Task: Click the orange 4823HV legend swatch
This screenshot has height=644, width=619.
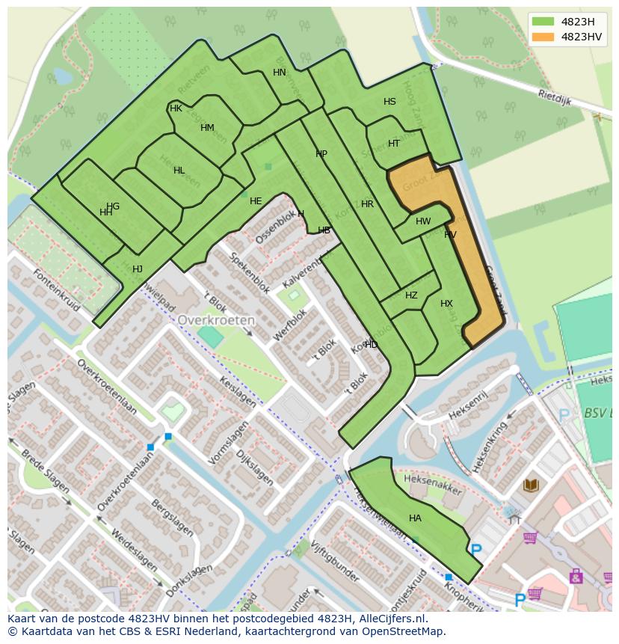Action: (543, 37)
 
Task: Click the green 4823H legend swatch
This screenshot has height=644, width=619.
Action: (543, 22)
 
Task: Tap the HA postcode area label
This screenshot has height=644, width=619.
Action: (415, 518)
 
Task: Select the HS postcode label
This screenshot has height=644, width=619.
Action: (389, 102)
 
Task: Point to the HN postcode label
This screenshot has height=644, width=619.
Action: (280, 73)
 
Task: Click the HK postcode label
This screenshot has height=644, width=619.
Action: (176, 108)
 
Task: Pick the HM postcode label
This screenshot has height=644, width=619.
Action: (207, 128)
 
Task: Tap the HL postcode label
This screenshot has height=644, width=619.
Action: (179, 171)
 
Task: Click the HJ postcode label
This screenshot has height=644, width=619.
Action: (138, 269)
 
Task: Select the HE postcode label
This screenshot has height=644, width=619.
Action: (256, 201)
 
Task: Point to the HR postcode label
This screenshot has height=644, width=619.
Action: (367, 204)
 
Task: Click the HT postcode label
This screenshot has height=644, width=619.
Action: (394, 144)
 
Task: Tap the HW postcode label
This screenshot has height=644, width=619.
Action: (423, 221)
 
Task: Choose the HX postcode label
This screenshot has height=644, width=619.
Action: (446, 304)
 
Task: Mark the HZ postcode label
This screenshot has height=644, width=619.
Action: (411, 295)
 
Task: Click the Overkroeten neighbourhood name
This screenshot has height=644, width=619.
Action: (216, 319)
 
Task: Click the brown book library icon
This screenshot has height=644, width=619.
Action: (531, 485)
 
